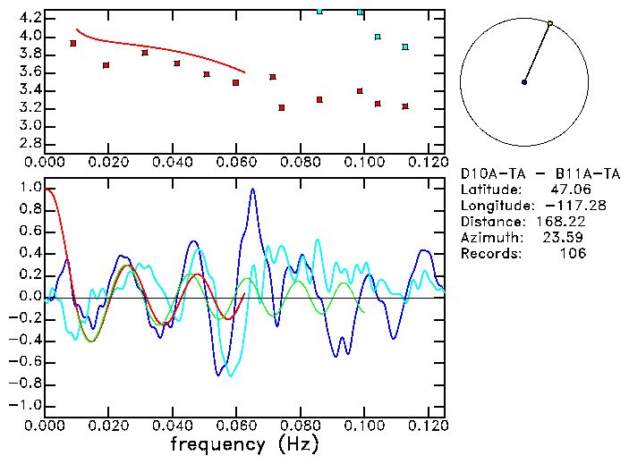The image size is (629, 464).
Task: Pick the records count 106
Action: [572, 254]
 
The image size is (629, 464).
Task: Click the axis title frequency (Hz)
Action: [244, 444]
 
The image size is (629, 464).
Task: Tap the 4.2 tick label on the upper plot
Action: [30, 18]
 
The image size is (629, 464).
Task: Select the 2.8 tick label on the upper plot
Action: [30, 144]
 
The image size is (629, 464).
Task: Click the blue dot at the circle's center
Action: [524, 82]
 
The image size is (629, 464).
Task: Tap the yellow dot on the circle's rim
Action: [550, 23]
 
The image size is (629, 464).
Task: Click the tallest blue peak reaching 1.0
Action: [253, 190]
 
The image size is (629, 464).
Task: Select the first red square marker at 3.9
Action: [73, 43]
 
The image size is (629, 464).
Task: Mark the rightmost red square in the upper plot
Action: [405, 106]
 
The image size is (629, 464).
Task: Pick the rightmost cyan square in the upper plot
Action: [405, 46]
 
